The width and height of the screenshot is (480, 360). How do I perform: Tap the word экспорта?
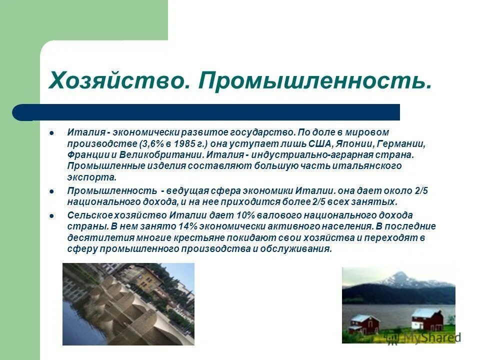click(91, 176)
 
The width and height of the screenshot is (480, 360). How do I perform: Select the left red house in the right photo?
click(364, 324)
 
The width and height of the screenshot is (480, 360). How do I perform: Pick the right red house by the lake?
click(427, 320)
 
